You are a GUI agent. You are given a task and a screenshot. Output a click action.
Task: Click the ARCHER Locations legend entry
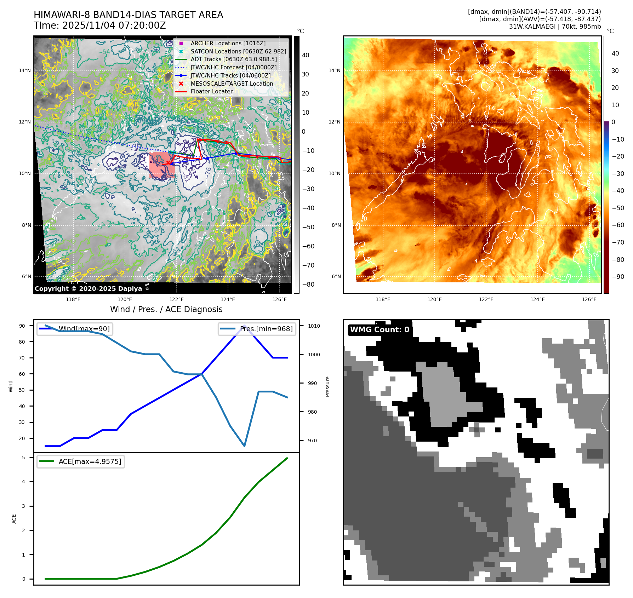click(x=228, y=43)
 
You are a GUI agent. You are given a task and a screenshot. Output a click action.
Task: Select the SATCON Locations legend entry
click(x=238, y=51)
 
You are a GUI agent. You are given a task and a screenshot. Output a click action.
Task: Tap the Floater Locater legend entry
click(x=211, y=91)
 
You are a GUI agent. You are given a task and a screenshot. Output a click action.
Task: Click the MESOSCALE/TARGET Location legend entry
click(x=232, y=84)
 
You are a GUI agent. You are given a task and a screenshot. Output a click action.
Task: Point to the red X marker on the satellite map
click(x=168, y=162)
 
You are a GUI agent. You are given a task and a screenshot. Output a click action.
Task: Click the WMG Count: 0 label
click(x=379, y=330)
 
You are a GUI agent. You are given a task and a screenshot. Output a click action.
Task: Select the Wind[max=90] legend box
click(x=75, y=329)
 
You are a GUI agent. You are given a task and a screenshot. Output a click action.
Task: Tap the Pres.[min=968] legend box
click(x=257, y=329)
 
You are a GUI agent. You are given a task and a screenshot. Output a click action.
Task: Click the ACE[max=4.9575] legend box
click(x=81, y=461)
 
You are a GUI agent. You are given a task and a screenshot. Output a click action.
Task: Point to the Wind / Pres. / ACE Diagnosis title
click(x=166, y=309)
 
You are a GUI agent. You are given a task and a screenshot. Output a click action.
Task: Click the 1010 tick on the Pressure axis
click(x=314, y=326)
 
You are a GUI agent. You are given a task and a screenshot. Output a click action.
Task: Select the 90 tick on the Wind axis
click(x=22, y=326)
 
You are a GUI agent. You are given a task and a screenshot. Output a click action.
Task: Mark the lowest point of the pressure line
click(x=244, y=446)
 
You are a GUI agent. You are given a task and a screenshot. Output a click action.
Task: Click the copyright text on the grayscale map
click(x=88, y=289)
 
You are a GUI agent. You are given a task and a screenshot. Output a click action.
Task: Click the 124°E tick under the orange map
click(x=537, y=299)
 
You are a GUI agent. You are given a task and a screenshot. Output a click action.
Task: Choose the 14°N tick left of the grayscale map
click(x=25, y=70)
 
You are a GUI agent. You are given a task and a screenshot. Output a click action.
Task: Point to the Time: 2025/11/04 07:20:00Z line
click(x=99, y=25)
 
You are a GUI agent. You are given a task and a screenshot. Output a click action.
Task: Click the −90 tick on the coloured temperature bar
click(x=618, y=277)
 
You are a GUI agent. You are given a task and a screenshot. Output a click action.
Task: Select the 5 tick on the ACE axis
click(x=24, y=458)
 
